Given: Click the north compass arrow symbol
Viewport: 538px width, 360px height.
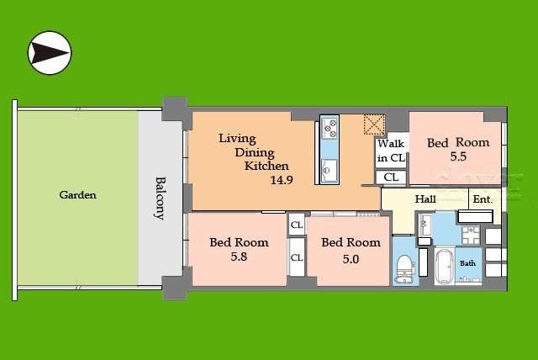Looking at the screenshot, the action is pyautogui.click(x=50, y=53).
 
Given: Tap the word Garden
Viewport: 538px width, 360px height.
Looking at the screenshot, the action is pyautogui.click(x=77, y=195).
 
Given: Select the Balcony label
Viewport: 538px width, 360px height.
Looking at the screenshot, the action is pyautogui.click(x=160, y=199).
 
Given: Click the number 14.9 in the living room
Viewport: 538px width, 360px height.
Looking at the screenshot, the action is pyautogui.click(x=282, y=180).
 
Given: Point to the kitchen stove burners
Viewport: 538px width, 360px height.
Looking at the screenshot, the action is pyautogui.click(x=330, y=128).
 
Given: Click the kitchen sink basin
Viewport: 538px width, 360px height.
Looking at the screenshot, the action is pyautogui.click(x=330, y=170).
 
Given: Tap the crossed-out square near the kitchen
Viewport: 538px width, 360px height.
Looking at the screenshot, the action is pyautogui.click(x=374, y=124).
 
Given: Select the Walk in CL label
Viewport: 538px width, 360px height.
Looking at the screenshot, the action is pyautogui.click(x=391, y=151).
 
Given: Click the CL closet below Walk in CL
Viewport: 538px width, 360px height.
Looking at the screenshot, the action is pyautogui.click(x=391, y=177).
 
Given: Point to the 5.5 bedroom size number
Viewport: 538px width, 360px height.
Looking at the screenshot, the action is pyautogui.click(x=458, y=156).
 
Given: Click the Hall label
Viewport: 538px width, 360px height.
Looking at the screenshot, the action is pyautogui.click(x=425, y=199).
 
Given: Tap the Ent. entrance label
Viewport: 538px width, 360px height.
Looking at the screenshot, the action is pyautogui.click(x=483, y=199).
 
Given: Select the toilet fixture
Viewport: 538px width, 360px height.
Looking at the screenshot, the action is pyautogui.click(x=405, y=268).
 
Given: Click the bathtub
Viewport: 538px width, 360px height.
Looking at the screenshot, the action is pyautogui.click(x=445, y=267).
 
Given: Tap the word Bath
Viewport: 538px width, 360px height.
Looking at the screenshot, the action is pyautogui.click(x=467, y=263).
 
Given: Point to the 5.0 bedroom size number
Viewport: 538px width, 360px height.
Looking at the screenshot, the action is pyautogui.click(x=351, y=259).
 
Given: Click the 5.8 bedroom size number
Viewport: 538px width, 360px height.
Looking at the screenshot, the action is pyautogui.click(x=239, y=257).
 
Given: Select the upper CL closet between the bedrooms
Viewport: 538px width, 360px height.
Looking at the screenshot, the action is pyautogui.click(x=297, y=225).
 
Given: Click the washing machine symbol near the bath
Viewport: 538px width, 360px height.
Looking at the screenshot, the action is pyautogui.click(x=471, y=235).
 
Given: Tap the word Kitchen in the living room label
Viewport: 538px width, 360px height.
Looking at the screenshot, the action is pyautogui.click(x=266, y=166).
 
